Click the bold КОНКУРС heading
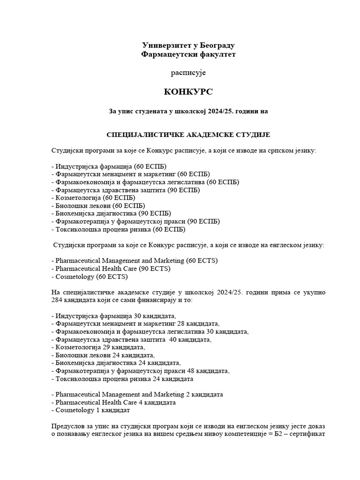188,92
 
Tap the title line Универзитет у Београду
188,45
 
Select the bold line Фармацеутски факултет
188,54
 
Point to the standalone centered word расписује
188,73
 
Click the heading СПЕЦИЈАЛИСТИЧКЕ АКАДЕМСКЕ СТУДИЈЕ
188,135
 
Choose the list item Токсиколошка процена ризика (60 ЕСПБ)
118,230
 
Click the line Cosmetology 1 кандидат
90,410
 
